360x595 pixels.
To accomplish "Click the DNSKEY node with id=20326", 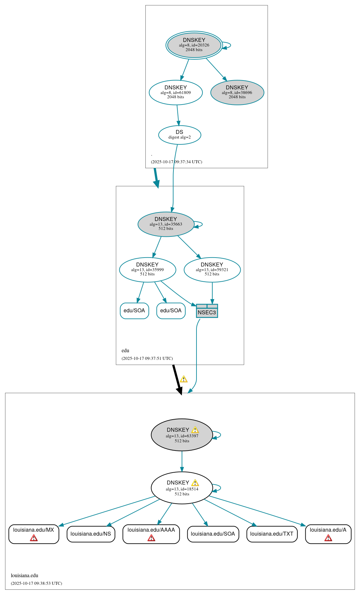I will pyautogui.click(x=194, y=45).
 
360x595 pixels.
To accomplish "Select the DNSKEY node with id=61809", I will pyautogui.click(x=175, y=92).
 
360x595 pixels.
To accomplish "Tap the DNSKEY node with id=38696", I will pyautogui.click(x=237, y=92).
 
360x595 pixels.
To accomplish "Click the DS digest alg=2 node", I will pyautogui.click(x=179, y=135).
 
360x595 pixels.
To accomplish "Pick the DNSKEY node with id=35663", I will pyautogui.click(x=166, y=224).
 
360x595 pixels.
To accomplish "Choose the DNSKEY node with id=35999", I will pyautogui.click(x=147, y=269).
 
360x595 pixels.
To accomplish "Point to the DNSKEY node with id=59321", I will pyautogui.click(x=212, y=269).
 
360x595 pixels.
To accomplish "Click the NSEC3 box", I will pyautogui.click(x=207, y=311).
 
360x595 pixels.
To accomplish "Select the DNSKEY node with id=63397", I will pyautogui.click(x=182, y=435).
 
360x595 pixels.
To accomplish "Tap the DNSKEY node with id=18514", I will pyautogui.click(x=182, y=487).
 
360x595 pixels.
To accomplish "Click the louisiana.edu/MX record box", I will pyautogui.click(x=34, y=534).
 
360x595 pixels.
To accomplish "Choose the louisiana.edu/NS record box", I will pyautogui.click(x=91, y=534).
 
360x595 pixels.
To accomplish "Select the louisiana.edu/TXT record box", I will pyautogui.click(x=272, y=534).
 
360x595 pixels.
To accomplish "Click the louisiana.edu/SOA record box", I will pyautogui.click(x=213, y=534).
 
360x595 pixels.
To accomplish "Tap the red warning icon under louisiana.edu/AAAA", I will pyautogui.click(x=151, y=538).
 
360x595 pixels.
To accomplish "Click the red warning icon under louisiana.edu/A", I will pyautogui.click(x=328, y=538).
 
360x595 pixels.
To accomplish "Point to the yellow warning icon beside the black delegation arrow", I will pyautogui.click(x=184, y=379).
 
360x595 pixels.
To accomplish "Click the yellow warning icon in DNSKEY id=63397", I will pyautogui.click(x=195, y=430).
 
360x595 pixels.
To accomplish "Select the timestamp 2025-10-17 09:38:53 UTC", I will pyautogui.click(x=36, y=583).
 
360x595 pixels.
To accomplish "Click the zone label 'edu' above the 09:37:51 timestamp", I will pyautogui.click(x=125, y=350).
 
